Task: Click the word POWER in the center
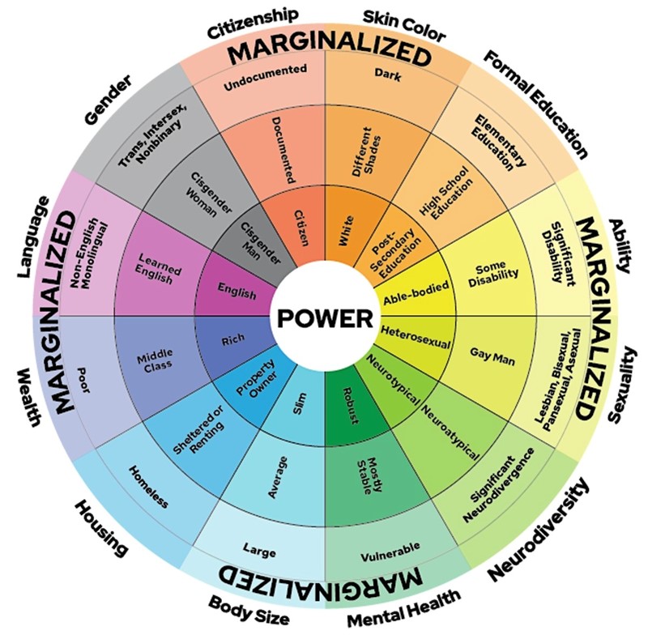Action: [324, 317]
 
